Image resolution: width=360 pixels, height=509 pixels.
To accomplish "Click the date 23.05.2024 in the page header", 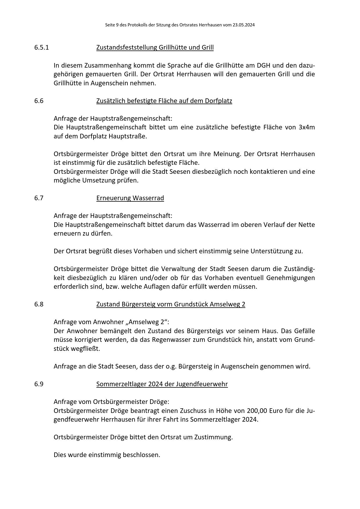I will [243, 25].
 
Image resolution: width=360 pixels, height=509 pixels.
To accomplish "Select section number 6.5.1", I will [42, 47].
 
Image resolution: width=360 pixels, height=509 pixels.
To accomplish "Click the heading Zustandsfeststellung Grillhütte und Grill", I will [155, 47].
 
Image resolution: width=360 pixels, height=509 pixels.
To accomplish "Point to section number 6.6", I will [39, 101].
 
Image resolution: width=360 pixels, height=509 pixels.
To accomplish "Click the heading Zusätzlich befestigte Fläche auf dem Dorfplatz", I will [164, 101].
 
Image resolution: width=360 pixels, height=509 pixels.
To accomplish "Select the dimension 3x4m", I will [307, 127].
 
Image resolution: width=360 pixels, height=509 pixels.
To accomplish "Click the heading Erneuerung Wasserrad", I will [130, 198].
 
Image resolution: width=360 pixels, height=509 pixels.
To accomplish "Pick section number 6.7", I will [39, 198].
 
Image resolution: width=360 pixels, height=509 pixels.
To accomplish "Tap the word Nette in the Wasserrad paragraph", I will [307, 225].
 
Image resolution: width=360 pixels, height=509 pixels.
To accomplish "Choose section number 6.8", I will [39, 304].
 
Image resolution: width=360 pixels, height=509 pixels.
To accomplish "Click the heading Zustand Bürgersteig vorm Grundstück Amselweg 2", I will [171, 304].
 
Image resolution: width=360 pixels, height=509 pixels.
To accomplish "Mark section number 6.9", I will [39, 384].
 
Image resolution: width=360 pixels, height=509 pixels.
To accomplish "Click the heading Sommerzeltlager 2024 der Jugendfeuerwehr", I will [162, 384].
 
